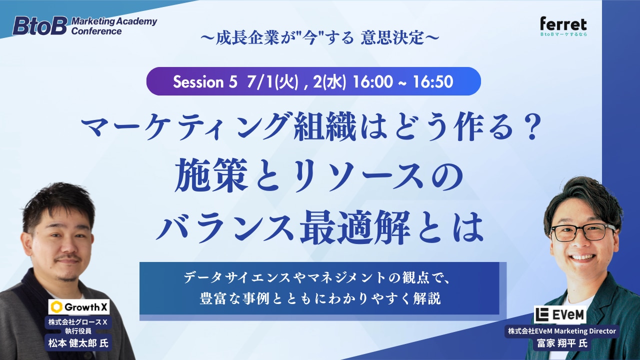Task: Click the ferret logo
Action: tap(563, 25)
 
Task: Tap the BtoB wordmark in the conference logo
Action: tap(40, 25)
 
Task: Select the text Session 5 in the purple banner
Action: tap(205, 81)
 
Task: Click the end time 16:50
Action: tap(433, 81)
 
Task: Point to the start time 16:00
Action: tap(373, 81)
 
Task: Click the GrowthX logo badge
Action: tap(79, 307)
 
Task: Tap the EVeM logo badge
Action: tap(560, 315)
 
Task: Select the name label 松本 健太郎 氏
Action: tap(78, 343)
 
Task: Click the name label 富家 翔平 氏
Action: tap(561, 343)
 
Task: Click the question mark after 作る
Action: tap(531, 126)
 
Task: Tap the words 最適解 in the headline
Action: tap(355, 227)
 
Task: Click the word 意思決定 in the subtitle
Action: tap(392, 37)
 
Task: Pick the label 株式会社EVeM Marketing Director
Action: tap(561, 331)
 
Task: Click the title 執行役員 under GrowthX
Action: tap(78, 331)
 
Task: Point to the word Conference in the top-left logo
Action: tap(96, 31)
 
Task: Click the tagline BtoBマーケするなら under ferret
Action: tap(563, 34)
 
